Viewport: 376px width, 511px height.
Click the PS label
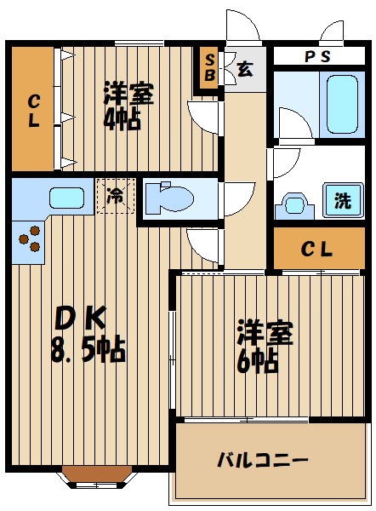(317, 56)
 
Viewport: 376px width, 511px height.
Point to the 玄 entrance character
(244, 69)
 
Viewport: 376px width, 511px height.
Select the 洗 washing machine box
(341, 202)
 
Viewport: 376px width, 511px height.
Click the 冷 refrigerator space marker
(115, 195)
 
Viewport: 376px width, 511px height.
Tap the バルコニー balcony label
(262, 462)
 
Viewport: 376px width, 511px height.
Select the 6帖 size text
(259, 362)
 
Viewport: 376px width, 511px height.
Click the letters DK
(80, 318)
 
